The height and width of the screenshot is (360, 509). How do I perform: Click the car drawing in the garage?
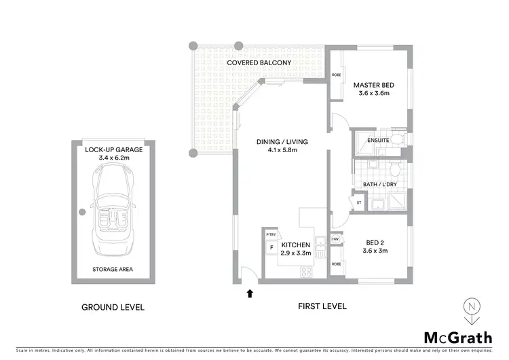pyautogui.click(x=113, y=211)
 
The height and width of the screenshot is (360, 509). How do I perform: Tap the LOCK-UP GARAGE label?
pyautogui.click(x=113, y=149)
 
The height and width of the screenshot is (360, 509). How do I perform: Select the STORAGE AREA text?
pyautogui.click(x=113, y=269)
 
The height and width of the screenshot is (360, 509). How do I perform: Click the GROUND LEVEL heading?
pyautogui.click(x=113, y=306)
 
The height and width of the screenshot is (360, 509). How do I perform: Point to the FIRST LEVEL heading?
pyautogui.click(x=322, y=306)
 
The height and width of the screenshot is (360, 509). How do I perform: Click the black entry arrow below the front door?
pyautogui.click(x=249, y=293)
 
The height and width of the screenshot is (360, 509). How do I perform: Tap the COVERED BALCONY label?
pyautogui.click(x=259, y=62)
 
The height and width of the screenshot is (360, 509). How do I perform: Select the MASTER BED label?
pyautogui.click(x=373, y=85)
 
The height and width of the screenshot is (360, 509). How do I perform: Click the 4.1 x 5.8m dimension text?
pyautogui.click(x=282, y=151)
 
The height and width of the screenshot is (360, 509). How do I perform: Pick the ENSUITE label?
pyautogui.click(x=377, y=141)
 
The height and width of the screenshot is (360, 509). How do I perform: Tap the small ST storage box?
pyautogui.click(x=358, y=202)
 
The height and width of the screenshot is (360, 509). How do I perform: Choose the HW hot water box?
pyautogui.click(x=335, y=238)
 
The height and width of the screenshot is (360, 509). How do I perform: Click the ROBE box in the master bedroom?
pyautogui.click(x=335, y=75)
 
